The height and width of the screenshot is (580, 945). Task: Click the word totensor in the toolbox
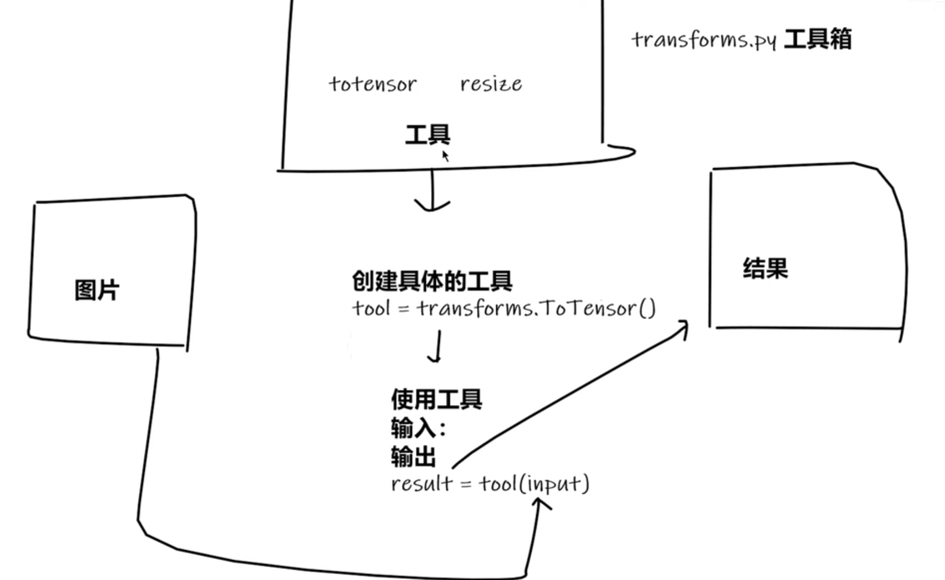pyautogui.click(x=373, y=84)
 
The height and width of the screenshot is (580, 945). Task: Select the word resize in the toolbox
pyautogui.click(x=491, y=84)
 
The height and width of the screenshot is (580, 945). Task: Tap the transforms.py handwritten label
pyautogui.click(x=704, y=40)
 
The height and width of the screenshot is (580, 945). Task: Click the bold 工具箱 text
pyautogui.click(x=818, y=39)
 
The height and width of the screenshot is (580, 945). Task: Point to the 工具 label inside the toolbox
pyautogui.click(x=428, y=134)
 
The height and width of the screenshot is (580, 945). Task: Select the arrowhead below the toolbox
pyautogui.click(x=432, y=206)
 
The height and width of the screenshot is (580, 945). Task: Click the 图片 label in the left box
pyautogui.click(x=97, y=290)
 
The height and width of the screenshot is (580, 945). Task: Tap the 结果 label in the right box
pyautogui.click(x=765, y=268)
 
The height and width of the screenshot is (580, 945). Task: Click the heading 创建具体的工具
pyautogui.click(x=432, y=281)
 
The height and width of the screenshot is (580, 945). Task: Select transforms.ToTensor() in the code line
pyautogui.click(x=536, y=308)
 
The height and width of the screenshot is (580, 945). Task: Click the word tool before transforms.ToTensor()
pyautogui.click(x=371, y=308)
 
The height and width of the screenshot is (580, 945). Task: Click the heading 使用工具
pyautogui.click(x=437, y=399)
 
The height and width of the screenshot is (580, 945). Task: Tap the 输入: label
pyautogui.click(x=418, y=428)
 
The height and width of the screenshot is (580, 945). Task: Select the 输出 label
pyautogui.click(x=413, y=457)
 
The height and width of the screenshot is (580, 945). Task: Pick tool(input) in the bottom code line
pyautogui.click(x=534, y=484)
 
